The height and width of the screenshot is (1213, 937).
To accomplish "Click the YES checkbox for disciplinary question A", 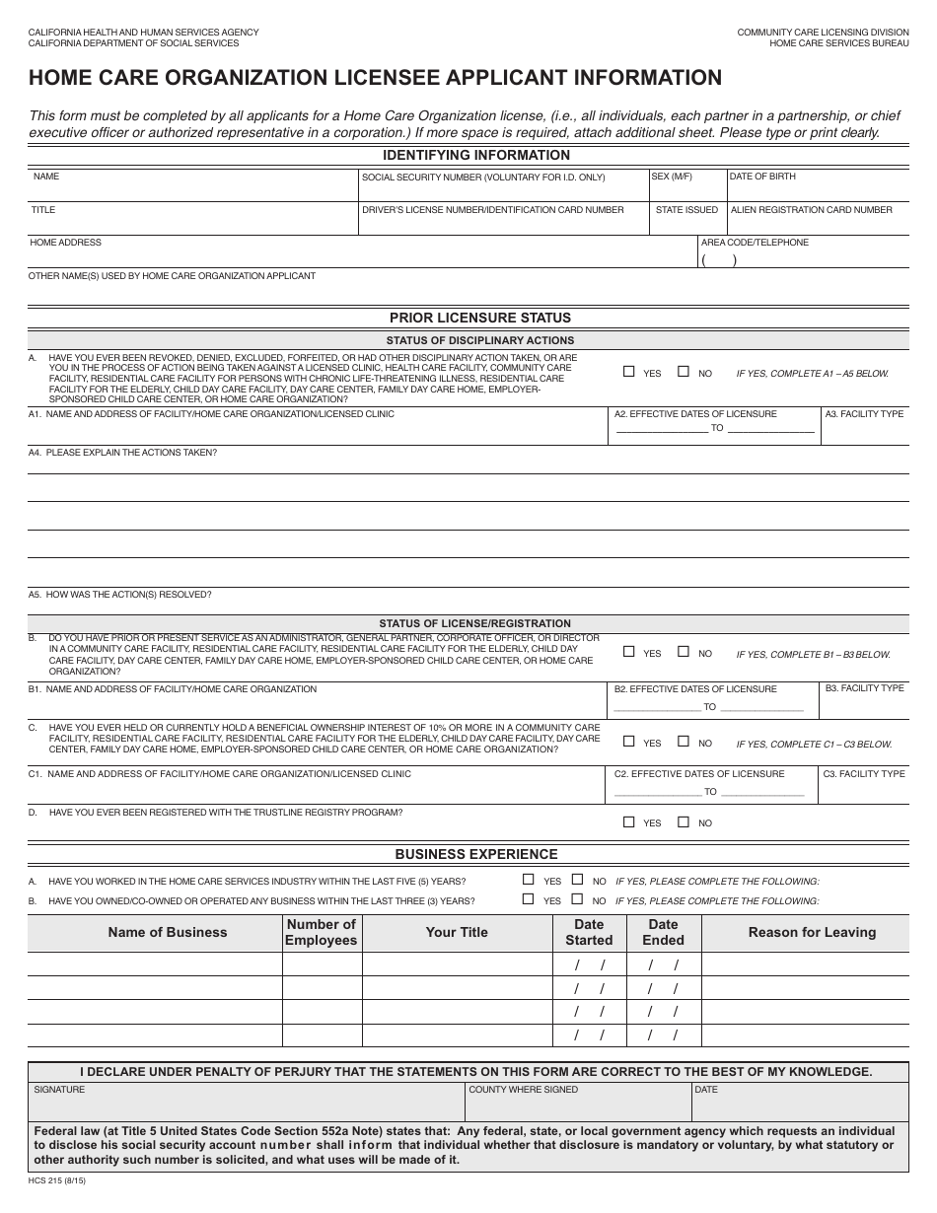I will coord(629,373).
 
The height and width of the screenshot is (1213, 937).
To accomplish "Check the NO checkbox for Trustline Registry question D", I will coord(683,821).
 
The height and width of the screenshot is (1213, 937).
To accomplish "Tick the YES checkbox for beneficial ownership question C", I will coord(629,742).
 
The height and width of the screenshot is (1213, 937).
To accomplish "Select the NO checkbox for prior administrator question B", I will coord(683,652).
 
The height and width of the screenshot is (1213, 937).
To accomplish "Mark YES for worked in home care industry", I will coord(529,880).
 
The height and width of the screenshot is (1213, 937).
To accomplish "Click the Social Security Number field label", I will coord(483,178).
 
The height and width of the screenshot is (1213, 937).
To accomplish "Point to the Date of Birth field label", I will coord(762,177).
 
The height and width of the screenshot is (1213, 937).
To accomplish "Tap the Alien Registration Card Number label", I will coord(811,210).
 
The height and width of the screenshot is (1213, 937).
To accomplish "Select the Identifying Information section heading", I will coord(475,155).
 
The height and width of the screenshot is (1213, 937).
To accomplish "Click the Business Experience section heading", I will coord(475,854).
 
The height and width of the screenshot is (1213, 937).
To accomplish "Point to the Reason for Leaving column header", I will coord(811,932).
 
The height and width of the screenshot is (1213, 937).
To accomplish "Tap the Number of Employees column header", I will coord(321,932).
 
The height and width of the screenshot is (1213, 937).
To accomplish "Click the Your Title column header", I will coord(456,932).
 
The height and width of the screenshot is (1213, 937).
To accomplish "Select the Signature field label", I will coord(59,1090).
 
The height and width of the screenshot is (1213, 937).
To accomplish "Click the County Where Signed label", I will coord(523,1090).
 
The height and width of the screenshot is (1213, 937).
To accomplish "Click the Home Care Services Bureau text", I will coord(838,43).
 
